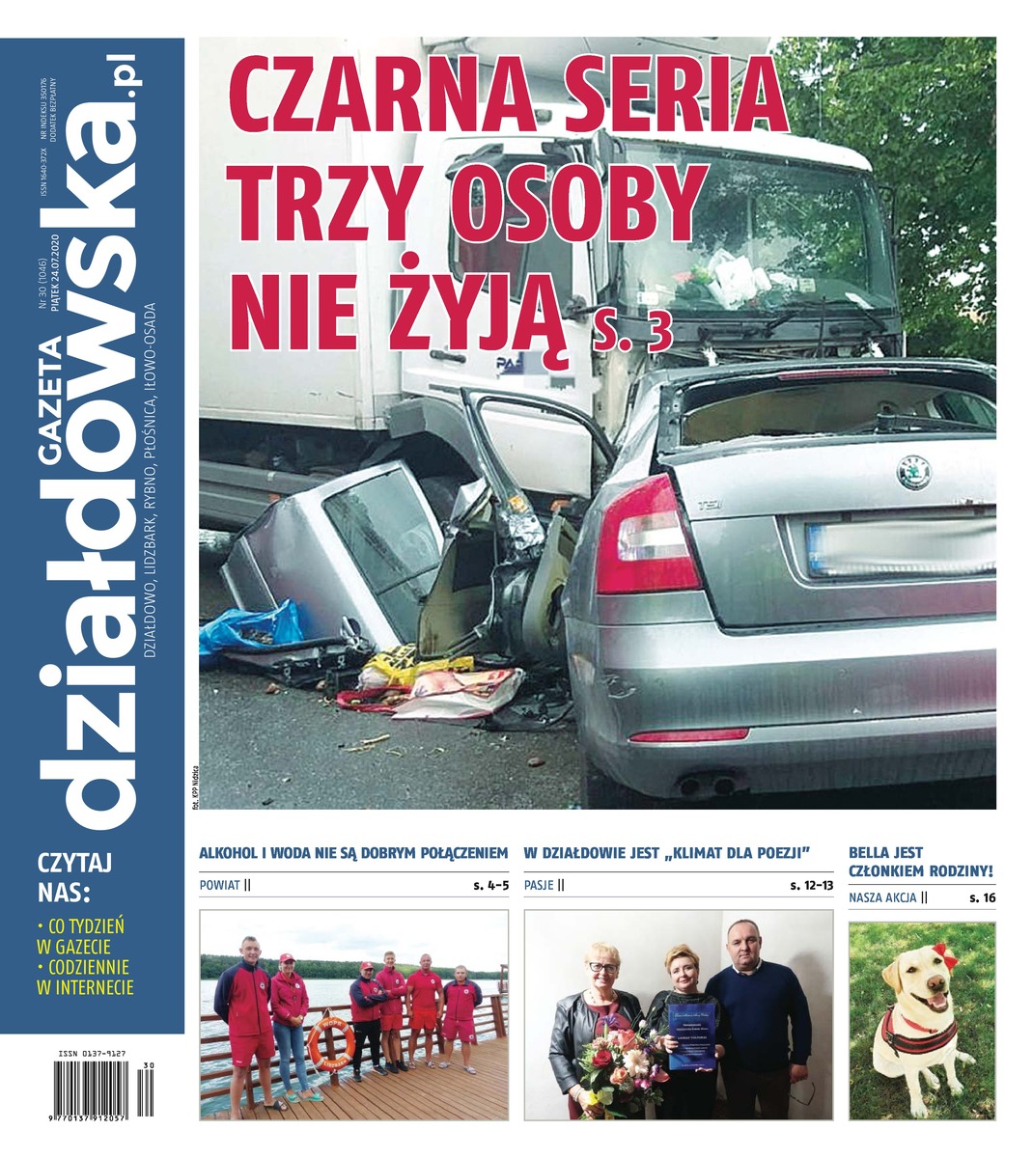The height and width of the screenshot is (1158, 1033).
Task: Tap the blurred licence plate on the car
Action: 898,548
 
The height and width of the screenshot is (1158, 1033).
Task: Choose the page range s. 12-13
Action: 810,884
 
